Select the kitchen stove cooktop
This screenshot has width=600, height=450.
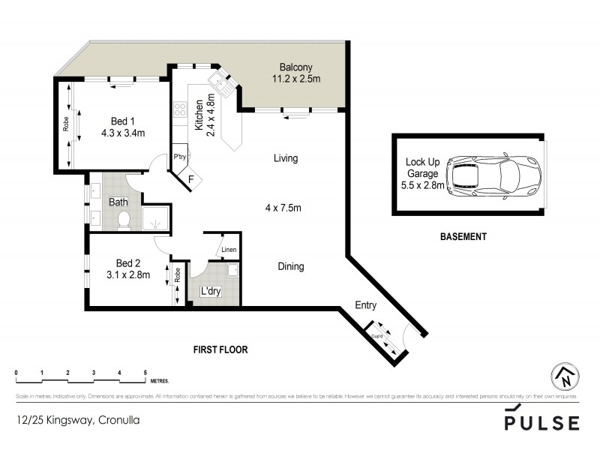[x=181, y=111]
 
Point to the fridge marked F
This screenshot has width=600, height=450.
[x=190, y=178]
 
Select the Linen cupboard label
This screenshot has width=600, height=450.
[x=229, y=250]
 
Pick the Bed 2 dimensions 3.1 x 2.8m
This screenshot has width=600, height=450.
[x=128, y=274]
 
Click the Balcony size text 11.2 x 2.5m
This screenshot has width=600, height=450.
[x=296, y=76]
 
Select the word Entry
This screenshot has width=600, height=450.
[x=365, y=305]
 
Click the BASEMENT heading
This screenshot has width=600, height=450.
[x=463, y=236]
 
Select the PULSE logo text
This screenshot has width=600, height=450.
[x=541, y=422]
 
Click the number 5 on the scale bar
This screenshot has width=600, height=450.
[x=145, y=373]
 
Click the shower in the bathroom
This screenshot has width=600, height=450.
[x=154, y=219]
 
